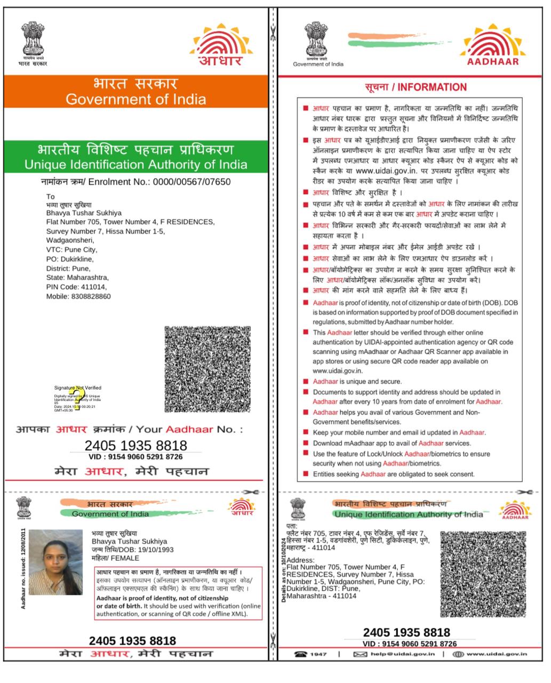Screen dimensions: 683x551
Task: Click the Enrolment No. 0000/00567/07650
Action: [x=191, y=182]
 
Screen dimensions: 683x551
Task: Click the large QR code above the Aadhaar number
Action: [x=207, y=369]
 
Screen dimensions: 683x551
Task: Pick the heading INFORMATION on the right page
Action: [x=432, y=88]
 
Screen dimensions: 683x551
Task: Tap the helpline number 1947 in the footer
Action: [x=318, y=654]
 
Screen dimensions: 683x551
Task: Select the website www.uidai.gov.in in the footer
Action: [x=497, y=654]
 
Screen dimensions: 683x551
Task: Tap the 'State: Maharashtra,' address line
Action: [x=77, y=277]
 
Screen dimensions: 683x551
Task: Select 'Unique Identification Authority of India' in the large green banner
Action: [x=136, y=164]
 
